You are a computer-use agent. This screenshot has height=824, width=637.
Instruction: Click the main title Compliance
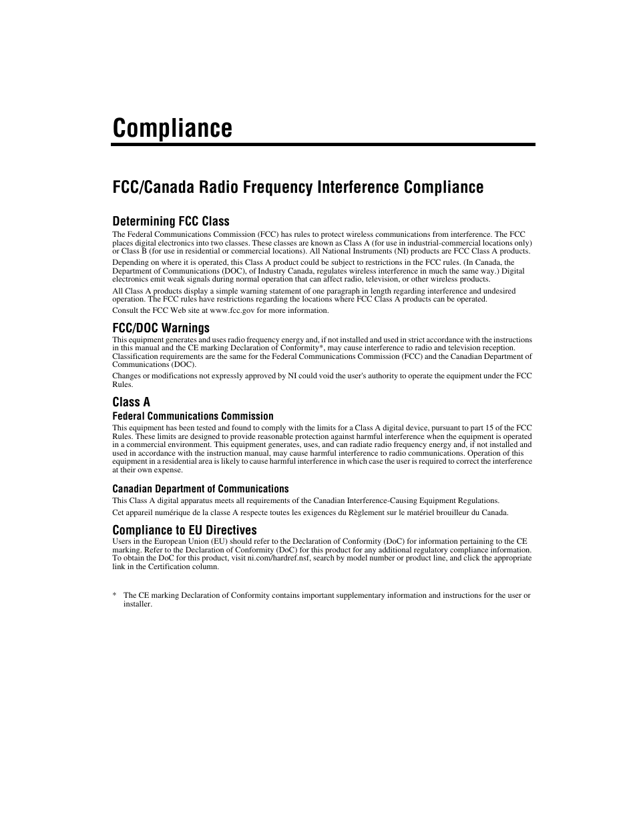pos(172,127)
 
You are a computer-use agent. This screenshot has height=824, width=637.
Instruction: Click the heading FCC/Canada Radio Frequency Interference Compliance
pos(298,187)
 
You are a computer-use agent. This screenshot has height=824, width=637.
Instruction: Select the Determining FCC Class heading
pos(170,221)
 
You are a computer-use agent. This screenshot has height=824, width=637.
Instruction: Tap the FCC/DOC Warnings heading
pos(160,328)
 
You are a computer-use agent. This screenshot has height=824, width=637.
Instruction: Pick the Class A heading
pos(131,402)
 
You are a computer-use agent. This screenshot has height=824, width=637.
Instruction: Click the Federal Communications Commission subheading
pos(192,416)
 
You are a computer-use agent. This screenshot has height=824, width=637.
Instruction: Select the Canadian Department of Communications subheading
pos(200,489)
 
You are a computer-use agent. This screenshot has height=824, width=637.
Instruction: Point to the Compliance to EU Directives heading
pos(184,530)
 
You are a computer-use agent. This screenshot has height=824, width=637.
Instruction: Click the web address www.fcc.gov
pos(232,310)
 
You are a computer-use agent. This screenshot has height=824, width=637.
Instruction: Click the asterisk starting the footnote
pos(114,595)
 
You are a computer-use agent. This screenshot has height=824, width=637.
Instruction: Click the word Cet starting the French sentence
pos(118,512)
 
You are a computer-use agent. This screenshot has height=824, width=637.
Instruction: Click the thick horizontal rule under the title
pos(323,144)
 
